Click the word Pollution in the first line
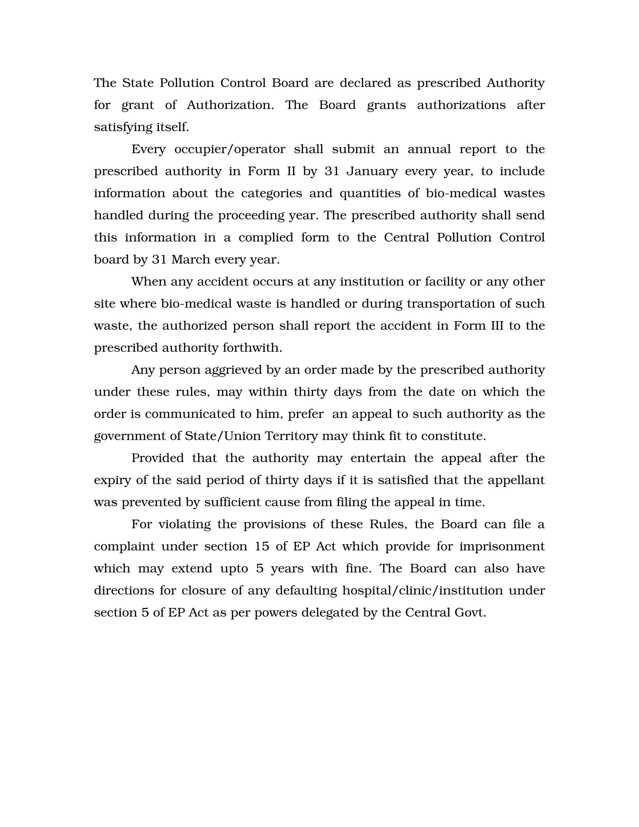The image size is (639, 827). [x=187, y=83]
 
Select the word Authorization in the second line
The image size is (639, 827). [x=230, y=105]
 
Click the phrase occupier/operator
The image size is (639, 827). [x=229, y=149]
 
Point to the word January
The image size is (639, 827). [x=372, y=171]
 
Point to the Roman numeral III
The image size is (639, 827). [x=497, y=325]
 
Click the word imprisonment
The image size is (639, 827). [x=502, y=546]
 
